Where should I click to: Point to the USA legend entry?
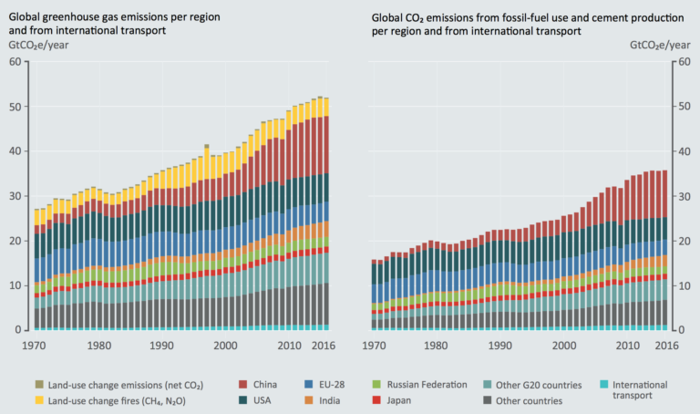tap(258, 399)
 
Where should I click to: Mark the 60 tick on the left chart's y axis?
tap(15, 61)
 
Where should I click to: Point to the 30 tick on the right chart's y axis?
tap(683, 196)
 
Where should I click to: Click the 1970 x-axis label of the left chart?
tap(36, 347)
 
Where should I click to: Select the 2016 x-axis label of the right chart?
tap(665, 347)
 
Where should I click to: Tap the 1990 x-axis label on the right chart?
tap(499, 347)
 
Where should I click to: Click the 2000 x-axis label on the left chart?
tap(224, 347)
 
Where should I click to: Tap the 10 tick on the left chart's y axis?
tap(15, 285)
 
